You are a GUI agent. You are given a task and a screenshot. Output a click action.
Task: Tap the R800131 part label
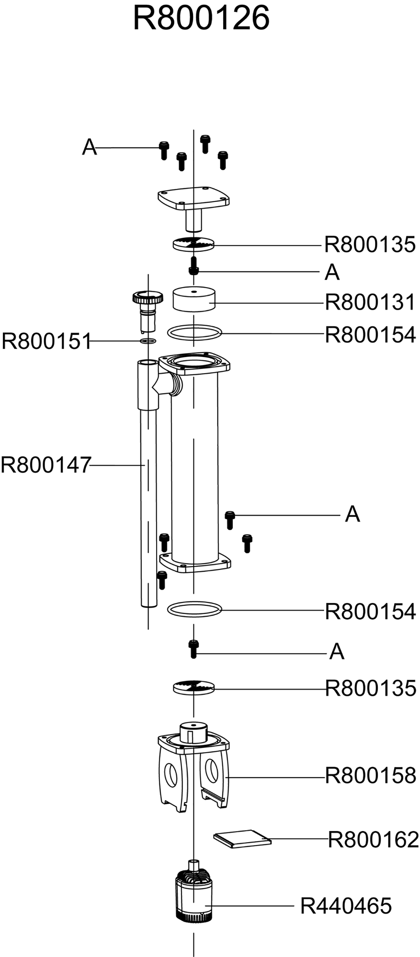(370, 302)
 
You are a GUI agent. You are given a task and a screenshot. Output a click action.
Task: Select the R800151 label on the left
(47, 342)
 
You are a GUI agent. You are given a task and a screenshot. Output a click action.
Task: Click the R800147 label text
(46, 465)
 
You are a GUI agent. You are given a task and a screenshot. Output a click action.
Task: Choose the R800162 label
(373, 840)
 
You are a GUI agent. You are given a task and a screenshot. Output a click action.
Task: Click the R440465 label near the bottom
(346, 906)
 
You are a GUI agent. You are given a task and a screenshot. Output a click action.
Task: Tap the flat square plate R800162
(242, 838)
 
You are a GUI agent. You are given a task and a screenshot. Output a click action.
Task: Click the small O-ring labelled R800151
(148, 342)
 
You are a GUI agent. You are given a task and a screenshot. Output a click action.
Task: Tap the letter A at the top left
(89, 147)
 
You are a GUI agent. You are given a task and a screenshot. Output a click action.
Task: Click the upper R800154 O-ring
(195, 332)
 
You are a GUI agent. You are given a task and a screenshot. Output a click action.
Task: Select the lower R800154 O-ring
(195, 610)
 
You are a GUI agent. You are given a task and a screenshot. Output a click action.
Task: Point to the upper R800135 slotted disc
(194, 244)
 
